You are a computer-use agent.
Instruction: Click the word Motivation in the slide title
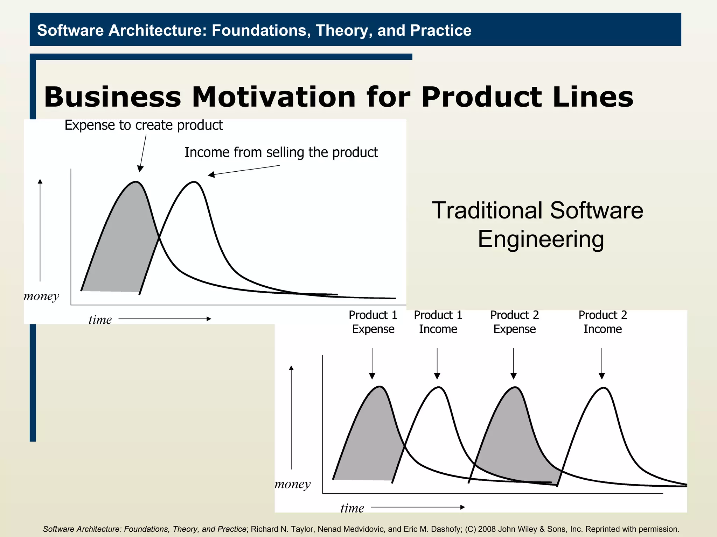point(273,97)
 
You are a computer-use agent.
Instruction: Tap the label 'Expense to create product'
point(144,125)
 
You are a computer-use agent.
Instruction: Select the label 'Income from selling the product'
point(281,152)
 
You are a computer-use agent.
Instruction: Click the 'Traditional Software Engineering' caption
point(538,224)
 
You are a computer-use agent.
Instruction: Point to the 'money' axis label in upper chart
point(41,296)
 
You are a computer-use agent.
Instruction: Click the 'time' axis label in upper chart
point(100,320)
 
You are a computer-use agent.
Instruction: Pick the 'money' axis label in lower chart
point(293,484)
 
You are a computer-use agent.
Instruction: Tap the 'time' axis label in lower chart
point(352,508)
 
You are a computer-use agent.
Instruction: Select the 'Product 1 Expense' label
point(373,322)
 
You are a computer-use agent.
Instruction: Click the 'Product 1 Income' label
point(438,322)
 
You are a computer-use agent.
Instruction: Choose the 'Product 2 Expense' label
point(514,322)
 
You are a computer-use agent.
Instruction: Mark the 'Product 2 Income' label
point(603,322)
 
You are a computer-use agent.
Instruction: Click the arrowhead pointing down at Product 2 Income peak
point(602,376)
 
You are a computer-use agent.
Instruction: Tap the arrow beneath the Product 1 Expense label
point(372,364)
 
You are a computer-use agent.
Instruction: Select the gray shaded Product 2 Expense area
point(515,444)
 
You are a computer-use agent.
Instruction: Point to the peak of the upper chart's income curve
point(194,182)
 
